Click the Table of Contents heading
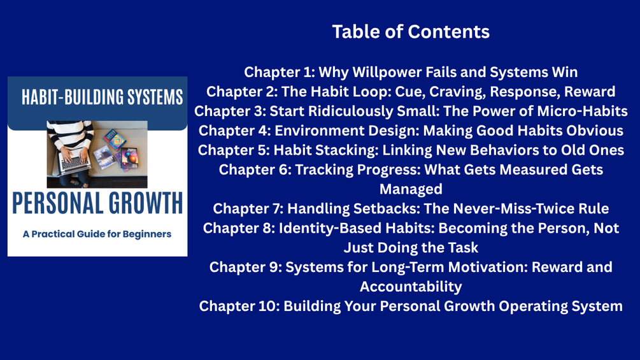[411, 32]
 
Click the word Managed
[411, 189]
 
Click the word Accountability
[411, 287]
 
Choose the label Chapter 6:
[255, 169]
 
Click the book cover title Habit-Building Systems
[102, 97]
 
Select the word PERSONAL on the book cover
[52, 203]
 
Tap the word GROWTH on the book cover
[140, 203]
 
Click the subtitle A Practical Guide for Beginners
[97, 234]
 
